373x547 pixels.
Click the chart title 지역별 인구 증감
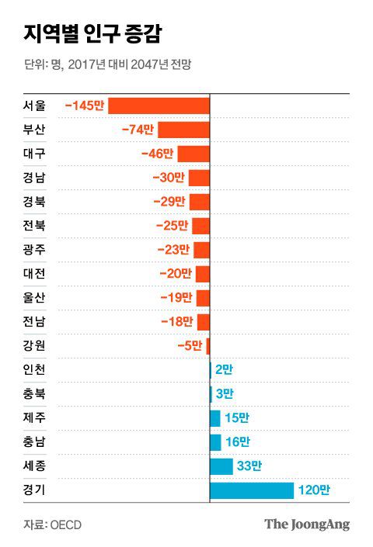pyautogui.click(x=92, y=34)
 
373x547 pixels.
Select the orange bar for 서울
pyautogui.click(x=159, y=106)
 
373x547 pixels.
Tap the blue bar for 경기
pyautogui.click(x=252, y=490)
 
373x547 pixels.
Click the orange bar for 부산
pyautogui.click(x=184, y=130)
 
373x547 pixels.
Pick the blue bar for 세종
pyautogui.click(x=221, y=466)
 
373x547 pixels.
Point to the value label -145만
pyautogui.click(x=85, y=106)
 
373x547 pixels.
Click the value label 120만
pyautogui.click(x=314, y=490)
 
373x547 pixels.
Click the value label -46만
pyautogui.click(x=158, y=154)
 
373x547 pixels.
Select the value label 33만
pyautogui.click(x=249, y=466)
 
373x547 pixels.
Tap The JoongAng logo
pyautogui.click(x=306, y=524)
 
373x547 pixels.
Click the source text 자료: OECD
pyautogui.click(x=52, y=524)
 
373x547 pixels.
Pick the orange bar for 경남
pyautogui.click(x=199, y=178)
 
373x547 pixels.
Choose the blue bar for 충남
pyautogui.click(x=215, y=442)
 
